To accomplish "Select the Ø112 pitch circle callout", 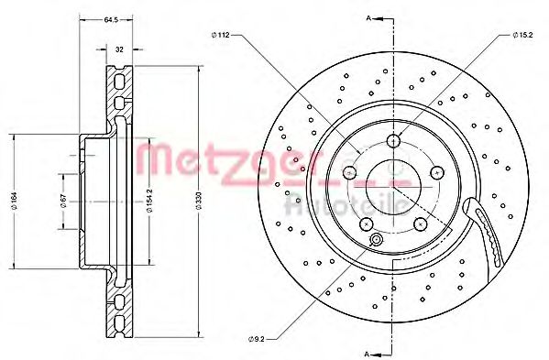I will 220,35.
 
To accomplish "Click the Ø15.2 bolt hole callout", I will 522,35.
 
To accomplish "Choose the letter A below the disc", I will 367,351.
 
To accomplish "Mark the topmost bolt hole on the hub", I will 394,140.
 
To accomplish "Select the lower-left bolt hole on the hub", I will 367,224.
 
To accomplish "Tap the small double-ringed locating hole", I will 375,241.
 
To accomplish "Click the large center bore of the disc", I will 394,188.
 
